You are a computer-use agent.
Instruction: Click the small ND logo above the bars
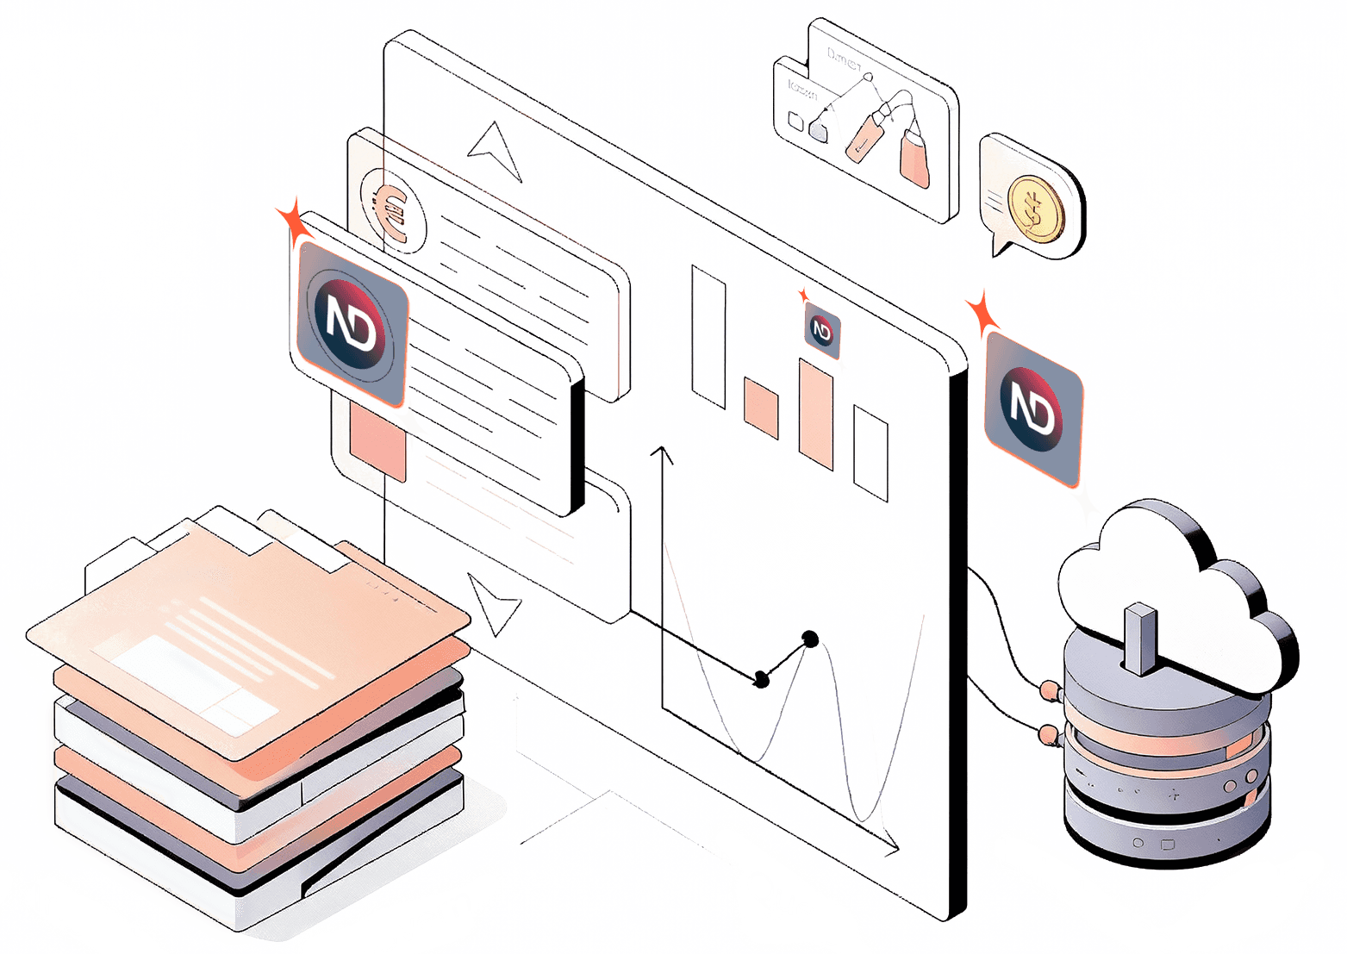pos(821,329)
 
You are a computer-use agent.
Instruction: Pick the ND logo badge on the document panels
pos(352,323)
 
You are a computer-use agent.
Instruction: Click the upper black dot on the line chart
pos(809,639)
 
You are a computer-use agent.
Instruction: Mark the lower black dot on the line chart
pos(761,680)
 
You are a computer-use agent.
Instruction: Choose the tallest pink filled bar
pos(814,414)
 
